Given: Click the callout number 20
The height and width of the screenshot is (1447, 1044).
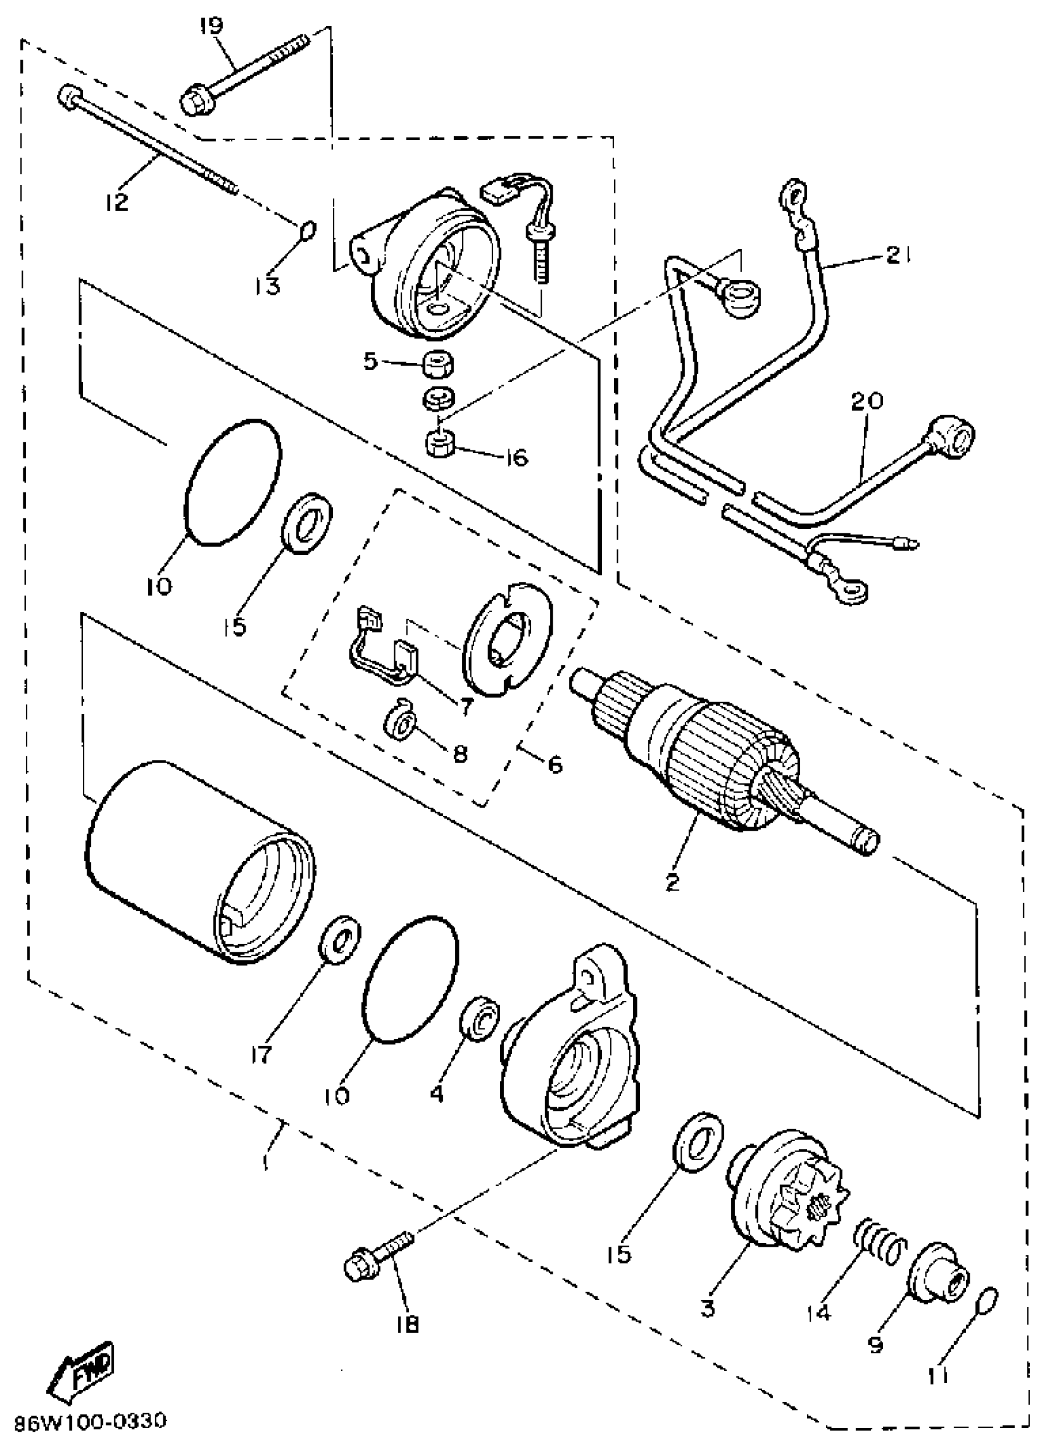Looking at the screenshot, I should tap(866, 402).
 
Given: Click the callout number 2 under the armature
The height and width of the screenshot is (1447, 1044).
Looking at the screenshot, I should tap(672, 882).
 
